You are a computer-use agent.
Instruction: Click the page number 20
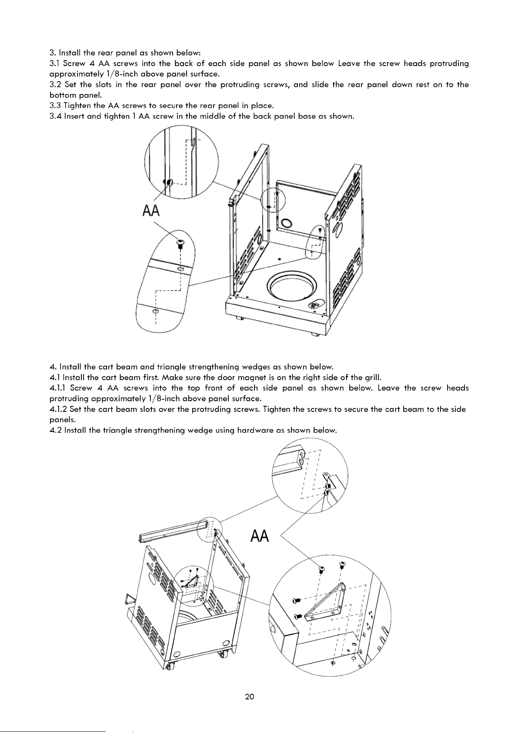pos(249,697)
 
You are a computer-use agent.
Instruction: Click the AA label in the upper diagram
pos(151,211)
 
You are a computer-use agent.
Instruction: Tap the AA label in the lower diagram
pos(260,536)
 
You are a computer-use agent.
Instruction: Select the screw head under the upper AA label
pos(180,242)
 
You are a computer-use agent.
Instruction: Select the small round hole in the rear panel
pos(287,223)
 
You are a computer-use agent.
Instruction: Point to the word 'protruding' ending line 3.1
pos(449,64)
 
